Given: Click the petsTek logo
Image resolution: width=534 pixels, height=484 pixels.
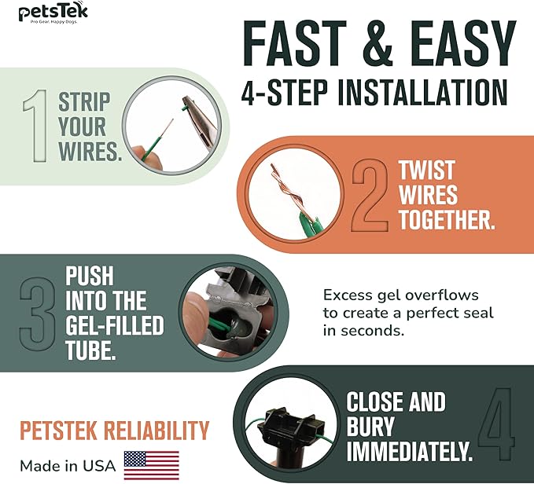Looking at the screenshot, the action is (53, 13).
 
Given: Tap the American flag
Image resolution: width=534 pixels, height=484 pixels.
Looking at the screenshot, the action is (151, 464).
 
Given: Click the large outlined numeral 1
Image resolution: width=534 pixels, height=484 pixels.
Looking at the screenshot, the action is (35, 126).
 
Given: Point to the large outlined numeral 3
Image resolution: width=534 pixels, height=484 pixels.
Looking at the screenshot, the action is (38, 313).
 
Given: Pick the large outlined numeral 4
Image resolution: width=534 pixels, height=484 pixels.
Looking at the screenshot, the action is (496, 423).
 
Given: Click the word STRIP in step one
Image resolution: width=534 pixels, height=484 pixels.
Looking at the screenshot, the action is (84, 101).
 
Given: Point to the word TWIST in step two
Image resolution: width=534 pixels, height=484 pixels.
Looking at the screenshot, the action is (427, 170).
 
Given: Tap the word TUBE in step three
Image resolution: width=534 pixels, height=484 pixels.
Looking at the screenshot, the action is (90, 350).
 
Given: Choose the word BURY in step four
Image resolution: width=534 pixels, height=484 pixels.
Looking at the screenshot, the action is (370, 427).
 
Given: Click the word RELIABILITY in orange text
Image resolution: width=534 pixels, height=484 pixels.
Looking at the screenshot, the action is (157, 431).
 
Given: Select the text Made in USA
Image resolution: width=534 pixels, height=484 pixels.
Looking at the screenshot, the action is (68, 466).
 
